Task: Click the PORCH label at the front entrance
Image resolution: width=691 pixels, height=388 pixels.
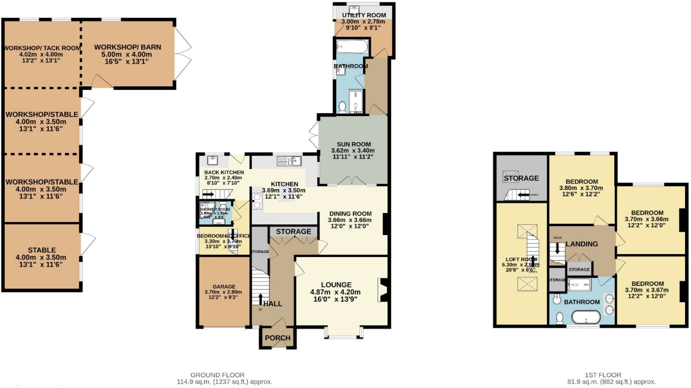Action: (x=277, y=338)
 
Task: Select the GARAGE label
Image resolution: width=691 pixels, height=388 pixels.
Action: (x=224, y=286)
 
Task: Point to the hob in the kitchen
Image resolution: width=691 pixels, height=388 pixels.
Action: (x=258, y=201)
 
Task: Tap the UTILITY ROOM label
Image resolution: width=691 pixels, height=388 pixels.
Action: (x=364, y=15)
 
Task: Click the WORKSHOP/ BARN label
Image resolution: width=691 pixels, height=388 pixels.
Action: (x=127, y=47)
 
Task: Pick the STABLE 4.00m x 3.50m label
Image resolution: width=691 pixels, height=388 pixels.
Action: (x=42, y=250)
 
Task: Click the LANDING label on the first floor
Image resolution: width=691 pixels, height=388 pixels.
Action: (x=581, y=244)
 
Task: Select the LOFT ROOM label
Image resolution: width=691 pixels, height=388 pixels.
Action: (x=520, y=259)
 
